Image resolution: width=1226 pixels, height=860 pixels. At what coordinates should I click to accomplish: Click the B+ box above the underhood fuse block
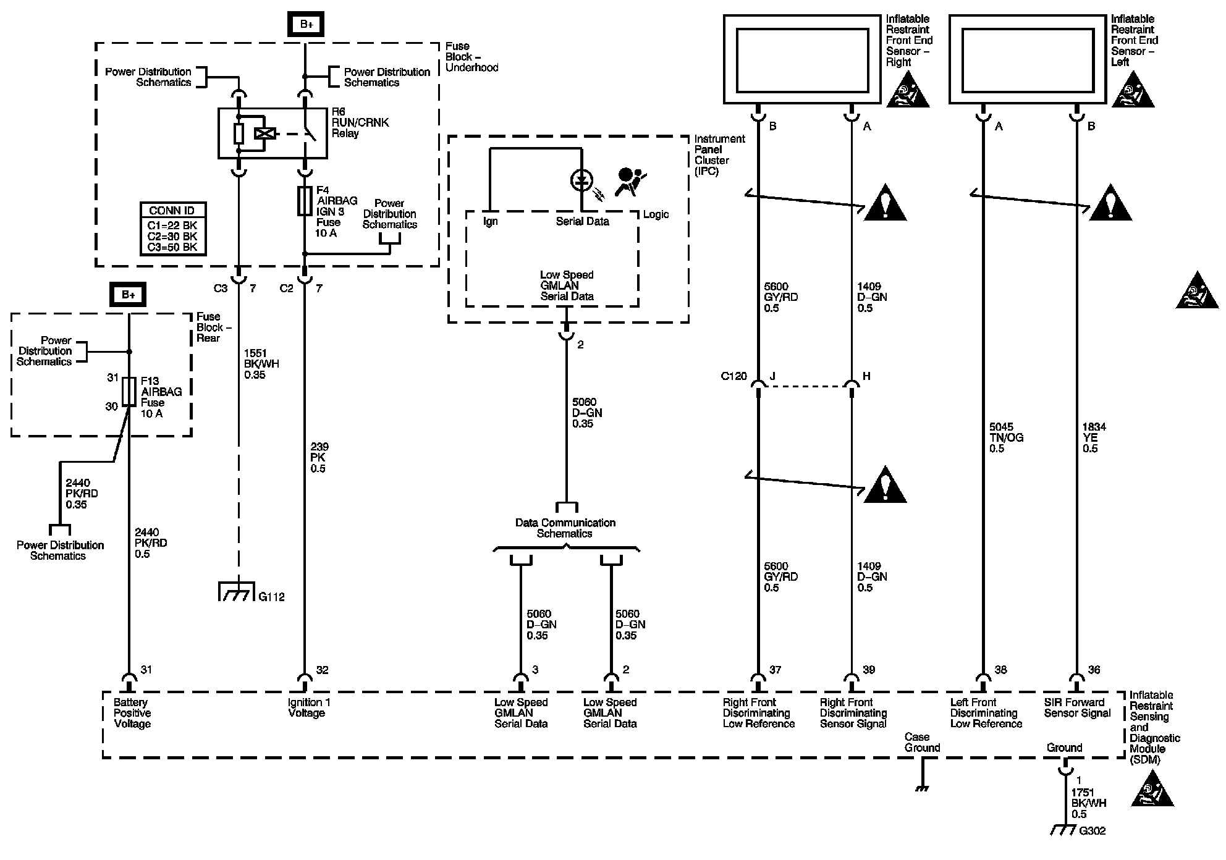pos(306,25)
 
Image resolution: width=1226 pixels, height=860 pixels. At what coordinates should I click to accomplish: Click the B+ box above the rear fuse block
pos(129,295)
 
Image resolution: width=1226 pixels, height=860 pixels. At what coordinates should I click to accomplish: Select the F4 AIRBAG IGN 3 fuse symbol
pos(305,201)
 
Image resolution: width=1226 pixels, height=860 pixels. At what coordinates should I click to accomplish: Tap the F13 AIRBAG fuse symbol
pos(129,392)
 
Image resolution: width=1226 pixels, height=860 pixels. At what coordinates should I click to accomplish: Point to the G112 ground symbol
pos(237,592)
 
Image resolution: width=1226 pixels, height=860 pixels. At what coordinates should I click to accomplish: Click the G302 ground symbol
pos(1064,831)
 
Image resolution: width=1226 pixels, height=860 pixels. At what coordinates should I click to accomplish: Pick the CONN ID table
pos(172,229)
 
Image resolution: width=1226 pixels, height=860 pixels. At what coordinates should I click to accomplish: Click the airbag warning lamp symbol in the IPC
pos(581,181)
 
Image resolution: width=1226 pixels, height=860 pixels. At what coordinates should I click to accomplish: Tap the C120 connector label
pos(733,376)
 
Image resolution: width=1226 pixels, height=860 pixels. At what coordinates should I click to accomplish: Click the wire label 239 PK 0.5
pos(319,458)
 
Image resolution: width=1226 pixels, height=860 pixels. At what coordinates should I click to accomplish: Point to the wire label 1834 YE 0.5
pos(1094,437)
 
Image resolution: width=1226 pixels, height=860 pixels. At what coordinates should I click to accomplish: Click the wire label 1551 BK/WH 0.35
pos(261,364)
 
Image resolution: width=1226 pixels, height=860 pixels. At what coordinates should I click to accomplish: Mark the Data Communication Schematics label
pos(565,528)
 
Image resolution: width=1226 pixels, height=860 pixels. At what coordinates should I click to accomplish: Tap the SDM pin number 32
pos(322,670)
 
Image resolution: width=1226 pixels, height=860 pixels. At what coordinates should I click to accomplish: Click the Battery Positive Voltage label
pos(132,713)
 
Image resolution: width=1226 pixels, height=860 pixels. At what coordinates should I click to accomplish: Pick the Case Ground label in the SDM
pos(922,742)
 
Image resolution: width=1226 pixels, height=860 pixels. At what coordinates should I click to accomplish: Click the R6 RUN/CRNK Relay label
pos(360,122)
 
